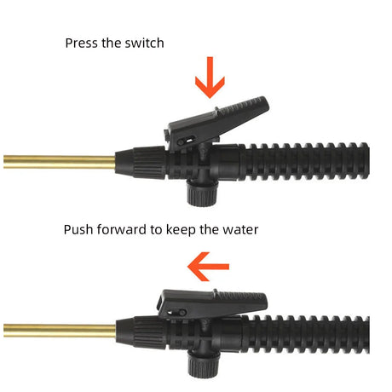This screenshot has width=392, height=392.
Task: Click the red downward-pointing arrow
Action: [210, 78]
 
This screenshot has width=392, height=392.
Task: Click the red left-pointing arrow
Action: [208, 267]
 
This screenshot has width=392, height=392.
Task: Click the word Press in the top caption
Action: [82, 43]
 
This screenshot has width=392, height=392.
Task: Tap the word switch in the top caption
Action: [144, 43]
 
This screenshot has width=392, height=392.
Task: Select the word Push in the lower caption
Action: [78, 229]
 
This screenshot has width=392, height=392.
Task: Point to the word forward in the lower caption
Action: [122, 229]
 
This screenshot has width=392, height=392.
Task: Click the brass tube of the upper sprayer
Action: [60, 162]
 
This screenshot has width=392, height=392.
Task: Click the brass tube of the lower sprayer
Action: [60, 331]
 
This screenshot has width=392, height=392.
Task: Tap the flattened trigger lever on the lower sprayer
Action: [212, 303]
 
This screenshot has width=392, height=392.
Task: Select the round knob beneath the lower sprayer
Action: [204, 365]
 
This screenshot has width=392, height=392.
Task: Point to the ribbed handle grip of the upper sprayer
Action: [305, 161]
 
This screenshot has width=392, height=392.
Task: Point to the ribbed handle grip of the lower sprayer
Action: [306, 334]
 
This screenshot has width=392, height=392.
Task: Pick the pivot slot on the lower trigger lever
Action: [178, 313]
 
